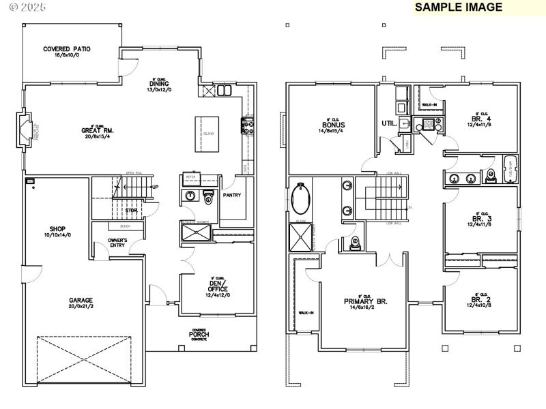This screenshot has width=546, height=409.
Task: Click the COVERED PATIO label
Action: click(67, 49)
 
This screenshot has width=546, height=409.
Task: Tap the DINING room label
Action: click(159, 84)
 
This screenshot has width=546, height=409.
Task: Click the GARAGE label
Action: click(80, 300)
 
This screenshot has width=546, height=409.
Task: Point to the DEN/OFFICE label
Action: click(217, 286)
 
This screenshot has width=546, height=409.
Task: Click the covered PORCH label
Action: click(199, 334)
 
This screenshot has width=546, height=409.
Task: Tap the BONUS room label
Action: click(334, 125)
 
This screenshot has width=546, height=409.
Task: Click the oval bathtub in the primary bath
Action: click(300, 199)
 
